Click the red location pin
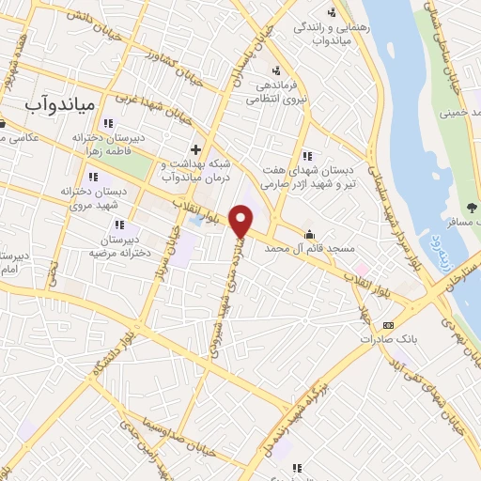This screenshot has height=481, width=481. click(x=241, y=222)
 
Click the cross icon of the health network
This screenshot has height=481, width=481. click(x=195, y=149)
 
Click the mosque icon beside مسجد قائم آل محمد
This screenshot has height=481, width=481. click(x=309, y=234)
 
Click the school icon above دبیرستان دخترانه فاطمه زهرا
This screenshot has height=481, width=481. click(x=109, y=122)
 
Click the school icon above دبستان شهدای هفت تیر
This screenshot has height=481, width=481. click(x=306, y=156)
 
